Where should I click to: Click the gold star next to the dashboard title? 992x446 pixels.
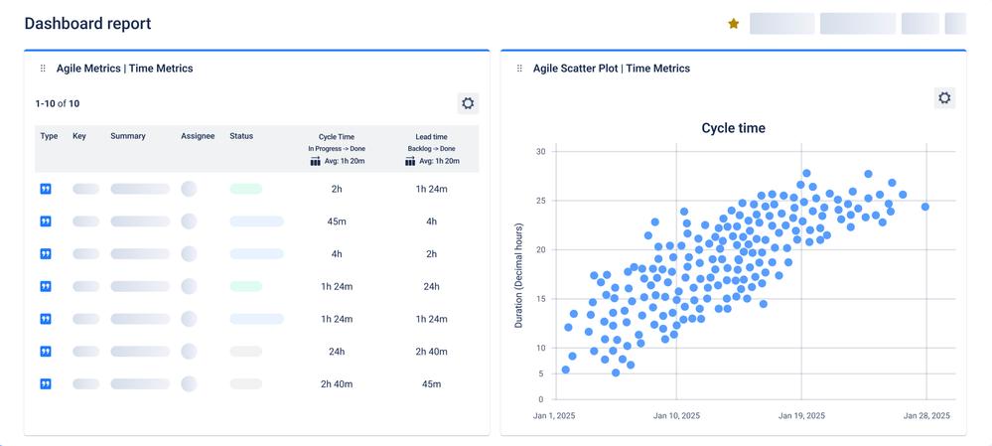[x=734, y=24]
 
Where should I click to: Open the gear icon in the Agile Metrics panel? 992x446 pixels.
[x=468, y=103]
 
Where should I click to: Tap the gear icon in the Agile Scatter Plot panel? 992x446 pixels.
[x=944, y=97]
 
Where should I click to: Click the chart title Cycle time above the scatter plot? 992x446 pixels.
[x=733, y=128]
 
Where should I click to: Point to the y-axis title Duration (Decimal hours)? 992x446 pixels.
[x=518, y=276]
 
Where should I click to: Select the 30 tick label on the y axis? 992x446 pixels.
[x=540, y=152]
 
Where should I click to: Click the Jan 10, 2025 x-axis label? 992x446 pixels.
[x=675, y=416]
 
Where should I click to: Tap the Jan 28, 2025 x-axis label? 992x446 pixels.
[x=926, y=416]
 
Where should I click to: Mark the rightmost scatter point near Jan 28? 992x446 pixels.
[x=925, y=207]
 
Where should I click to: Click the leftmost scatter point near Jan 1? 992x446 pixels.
[x=566, y=370]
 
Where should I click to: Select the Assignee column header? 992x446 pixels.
[x=198, y=136]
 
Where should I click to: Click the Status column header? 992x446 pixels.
[x=241, y=136]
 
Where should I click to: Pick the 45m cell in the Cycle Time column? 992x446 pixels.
[x=337, y=222]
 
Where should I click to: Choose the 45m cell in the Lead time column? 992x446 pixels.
[x=431, y=384]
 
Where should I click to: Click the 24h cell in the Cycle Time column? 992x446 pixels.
[x=337, y=352]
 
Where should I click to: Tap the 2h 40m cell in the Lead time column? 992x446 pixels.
[x=431, y=352]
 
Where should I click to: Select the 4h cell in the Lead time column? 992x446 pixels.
[x=431, y=222]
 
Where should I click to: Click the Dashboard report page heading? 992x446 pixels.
[x=87, y=23]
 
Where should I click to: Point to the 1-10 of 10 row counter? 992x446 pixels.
[x=58, y=103]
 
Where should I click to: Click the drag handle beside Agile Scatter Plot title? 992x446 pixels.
[x=519, y=69]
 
